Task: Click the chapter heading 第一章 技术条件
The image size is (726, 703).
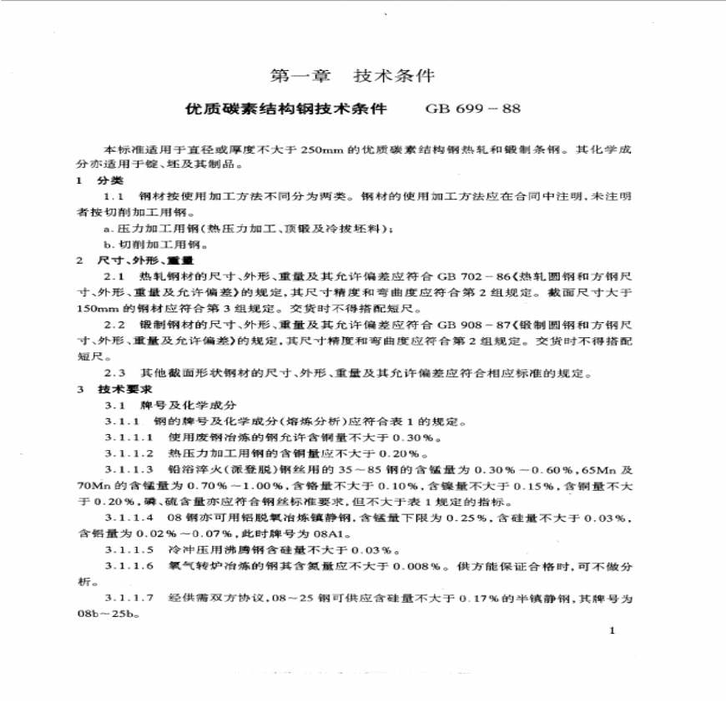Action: point(353,76)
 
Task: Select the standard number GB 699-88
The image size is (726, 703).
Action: point(472,109)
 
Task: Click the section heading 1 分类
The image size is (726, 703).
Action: point(98,180)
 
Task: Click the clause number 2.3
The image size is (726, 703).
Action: point(114,373)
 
